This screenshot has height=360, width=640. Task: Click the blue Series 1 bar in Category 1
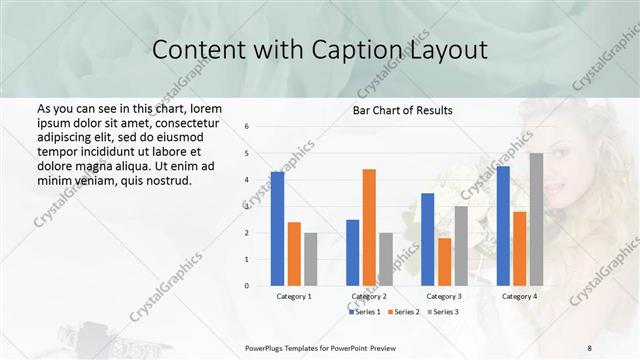pos(277,229)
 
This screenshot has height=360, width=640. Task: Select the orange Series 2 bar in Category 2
pos(369,227)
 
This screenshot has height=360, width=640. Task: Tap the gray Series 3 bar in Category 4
pos(536,219)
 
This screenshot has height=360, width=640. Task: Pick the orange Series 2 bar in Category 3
pos(444,262)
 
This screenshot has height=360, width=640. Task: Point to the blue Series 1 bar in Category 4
pos(503,226)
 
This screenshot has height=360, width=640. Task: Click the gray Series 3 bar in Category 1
pos(310,259)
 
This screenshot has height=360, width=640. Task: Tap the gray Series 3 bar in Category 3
pos(461,246)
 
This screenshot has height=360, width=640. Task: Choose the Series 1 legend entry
pos(364,312)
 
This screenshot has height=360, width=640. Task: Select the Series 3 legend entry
pos(443,312)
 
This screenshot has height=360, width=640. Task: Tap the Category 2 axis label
pos(369,296)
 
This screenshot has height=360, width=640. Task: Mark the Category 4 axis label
pos(519,296)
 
